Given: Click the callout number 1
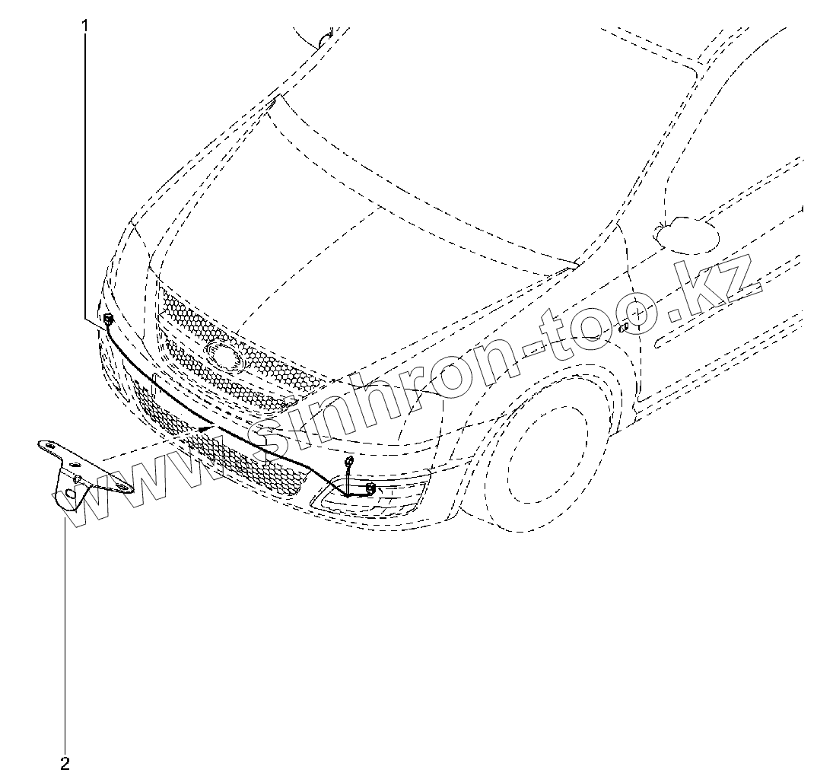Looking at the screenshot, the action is tap(85, 26).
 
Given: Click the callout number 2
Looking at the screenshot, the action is tap(65, 762).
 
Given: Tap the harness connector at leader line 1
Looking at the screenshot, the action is tap(108, 317).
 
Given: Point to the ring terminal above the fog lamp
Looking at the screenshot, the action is tap(348, 461).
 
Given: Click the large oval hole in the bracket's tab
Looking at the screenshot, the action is tap(70, 494).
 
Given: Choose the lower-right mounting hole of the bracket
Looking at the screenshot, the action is tap(120, 488).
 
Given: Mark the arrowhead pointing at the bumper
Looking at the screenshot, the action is tap(204, 429).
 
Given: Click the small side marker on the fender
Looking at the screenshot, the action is tap(623, 328).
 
